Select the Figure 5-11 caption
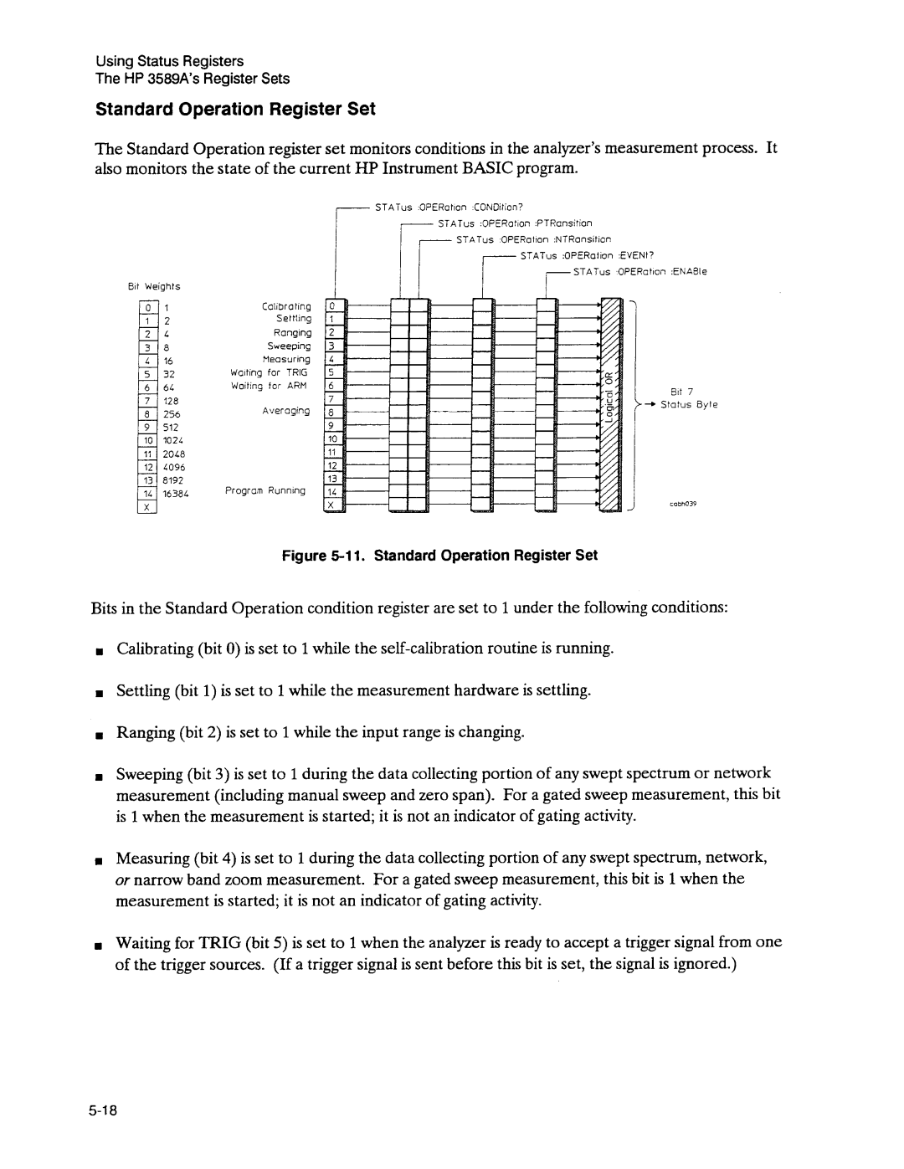440,555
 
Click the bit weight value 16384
177,494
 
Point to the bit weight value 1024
173,440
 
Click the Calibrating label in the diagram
285,306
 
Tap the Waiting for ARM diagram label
270,386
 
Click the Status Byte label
689,405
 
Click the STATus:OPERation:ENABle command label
640,271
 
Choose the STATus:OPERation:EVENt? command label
586,255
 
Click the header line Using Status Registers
170,61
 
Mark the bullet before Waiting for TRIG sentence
100,944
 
